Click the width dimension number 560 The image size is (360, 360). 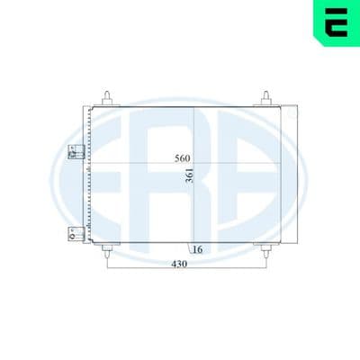183,158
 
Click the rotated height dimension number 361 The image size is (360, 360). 190,176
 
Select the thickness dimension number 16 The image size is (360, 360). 197,249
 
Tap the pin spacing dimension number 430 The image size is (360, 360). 179,264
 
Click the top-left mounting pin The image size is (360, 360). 108,97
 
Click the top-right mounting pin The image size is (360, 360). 265,97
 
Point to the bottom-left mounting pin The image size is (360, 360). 108,251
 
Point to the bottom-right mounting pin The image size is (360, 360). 265,251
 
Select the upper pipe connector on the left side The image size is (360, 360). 76,152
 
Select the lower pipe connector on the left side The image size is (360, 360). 76,234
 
